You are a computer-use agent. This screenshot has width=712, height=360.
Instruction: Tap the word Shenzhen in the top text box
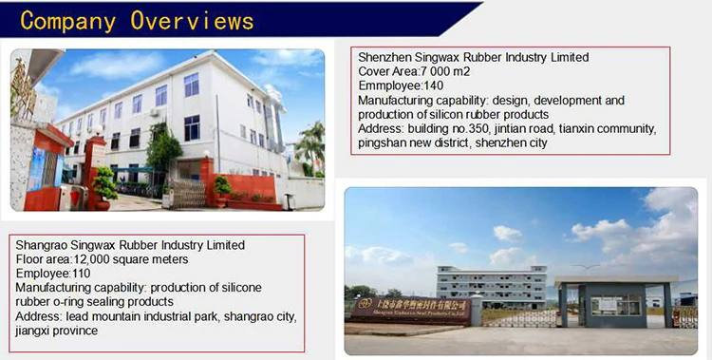[385, 58]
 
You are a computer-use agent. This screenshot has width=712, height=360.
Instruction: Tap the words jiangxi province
[56, 331]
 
